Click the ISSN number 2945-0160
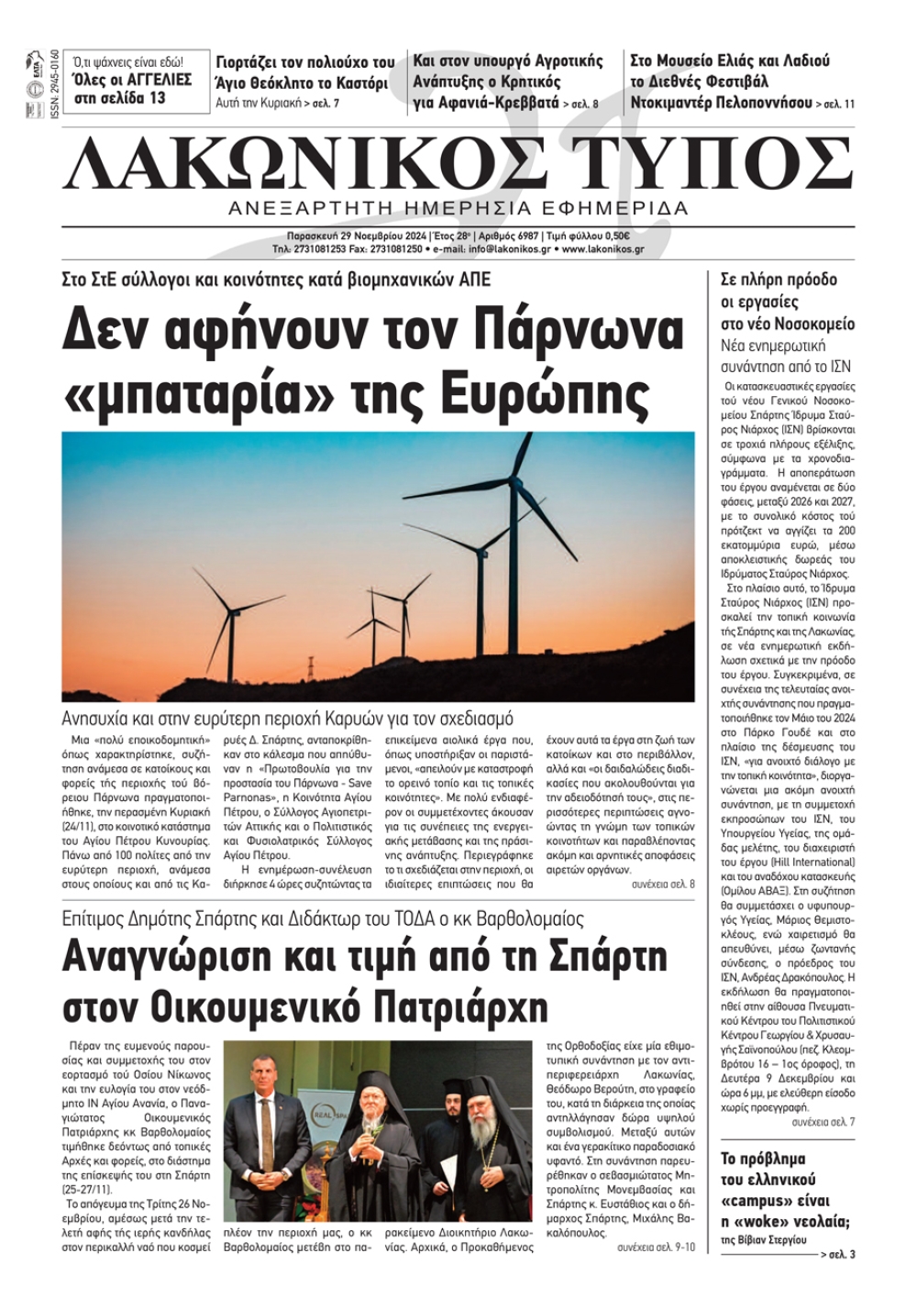56,82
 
